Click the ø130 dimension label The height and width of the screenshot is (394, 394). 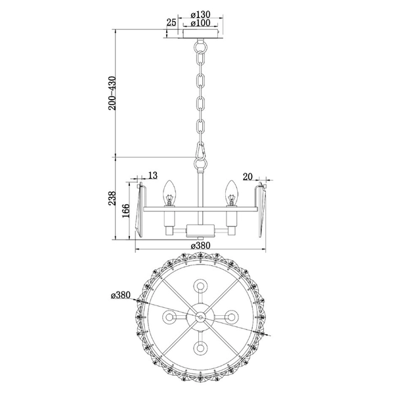(200, 14)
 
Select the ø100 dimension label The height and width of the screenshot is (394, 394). (200, 23)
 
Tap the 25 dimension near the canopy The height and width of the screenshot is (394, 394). (171, 22)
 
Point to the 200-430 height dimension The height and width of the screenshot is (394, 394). (112, 93)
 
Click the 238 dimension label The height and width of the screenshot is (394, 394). (112, 198)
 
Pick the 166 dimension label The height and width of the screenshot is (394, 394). (125, 211)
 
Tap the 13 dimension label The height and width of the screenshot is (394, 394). (152, 175)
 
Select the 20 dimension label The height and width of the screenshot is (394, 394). (248, 177)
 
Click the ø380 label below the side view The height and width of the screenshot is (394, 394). (200, 245)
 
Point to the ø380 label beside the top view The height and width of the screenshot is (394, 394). (121, 295)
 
